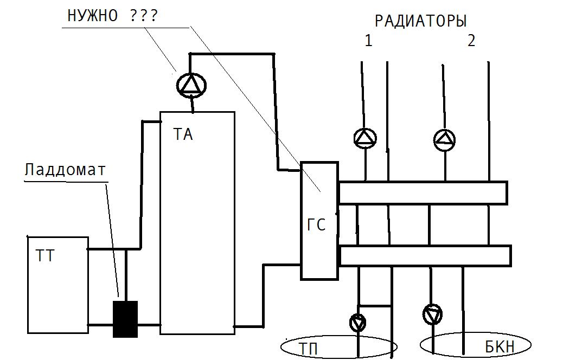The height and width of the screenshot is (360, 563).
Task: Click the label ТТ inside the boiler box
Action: point(45,256)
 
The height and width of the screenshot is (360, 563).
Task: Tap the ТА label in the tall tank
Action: point(183,134)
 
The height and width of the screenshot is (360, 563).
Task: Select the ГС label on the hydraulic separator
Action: point(316,224)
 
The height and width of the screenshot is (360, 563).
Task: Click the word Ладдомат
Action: point(65,169)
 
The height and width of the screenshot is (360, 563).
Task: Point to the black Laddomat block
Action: point(125,319)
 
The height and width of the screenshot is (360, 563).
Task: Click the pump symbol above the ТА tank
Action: point(191,85)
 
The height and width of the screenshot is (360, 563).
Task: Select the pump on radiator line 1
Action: point(365,138)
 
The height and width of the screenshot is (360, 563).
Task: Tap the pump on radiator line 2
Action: point(445,140)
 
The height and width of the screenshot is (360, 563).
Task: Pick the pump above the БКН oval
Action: point(433,314)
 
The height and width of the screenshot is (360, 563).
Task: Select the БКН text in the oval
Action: point(500,347)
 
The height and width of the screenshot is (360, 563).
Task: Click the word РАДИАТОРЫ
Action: point(420,21)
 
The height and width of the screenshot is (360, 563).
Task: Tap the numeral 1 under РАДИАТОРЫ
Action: point(368,41)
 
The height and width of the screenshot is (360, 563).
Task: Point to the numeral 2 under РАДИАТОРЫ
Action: point(471,41)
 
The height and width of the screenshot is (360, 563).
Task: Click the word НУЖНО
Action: point(93,16)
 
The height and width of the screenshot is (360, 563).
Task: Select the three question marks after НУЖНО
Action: point(143,16)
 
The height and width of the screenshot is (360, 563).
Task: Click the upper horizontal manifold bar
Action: point(423,193)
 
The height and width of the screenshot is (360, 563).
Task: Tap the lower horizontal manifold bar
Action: point(425,256)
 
